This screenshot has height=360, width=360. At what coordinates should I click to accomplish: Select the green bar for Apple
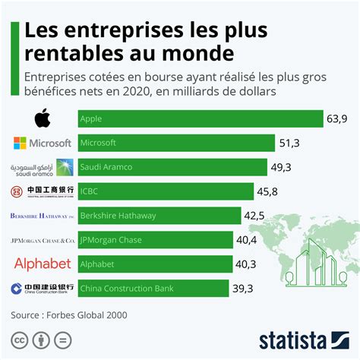[x=201, y=119]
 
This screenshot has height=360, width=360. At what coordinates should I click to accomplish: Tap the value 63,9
[x=338, y=119]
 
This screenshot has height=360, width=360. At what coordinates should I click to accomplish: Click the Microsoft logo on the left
[x=43, y=143]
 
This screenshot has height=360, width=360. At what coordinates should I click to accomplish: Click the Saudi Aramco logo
[x=43, y=167]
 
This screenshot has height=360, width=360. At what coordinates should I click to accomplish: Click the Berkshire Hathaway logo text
[x=43, y=216]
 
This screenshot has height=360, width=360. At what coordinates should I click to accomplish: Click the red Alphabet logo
[x=43, y=264]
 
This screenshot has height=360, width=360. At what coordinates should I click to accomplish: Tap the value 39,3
[x=244, y=289]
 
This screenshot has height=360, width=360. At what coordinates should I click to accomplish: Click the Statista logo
[x=304, y=339]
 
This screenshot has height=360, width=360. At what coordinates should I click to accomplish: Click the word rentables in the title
[x=84, y=53]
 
